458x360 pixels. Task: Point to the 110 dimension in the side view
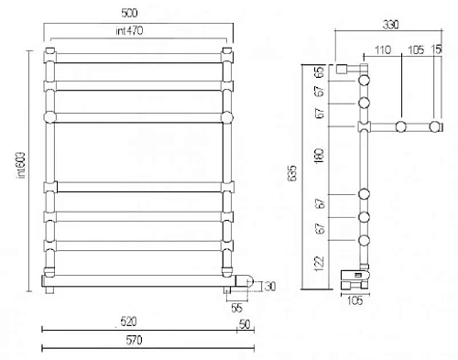(382, 49)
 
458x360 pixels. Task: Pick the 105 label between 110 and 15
(415, 49)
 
